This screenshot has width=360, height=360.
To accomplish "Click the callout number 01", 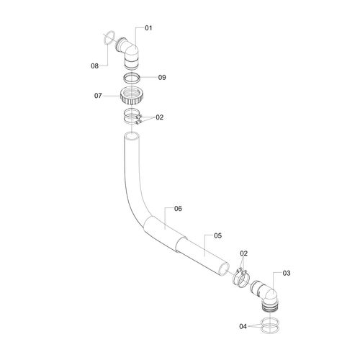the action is tap(148, 28).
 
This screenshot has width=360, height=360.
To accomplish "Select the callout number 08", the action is tap(94, 66).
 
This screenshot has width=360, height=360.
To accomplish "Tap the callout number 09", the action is tap(162, 78).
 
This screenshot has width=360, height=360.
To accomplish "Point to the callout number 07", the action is tap(98, 96).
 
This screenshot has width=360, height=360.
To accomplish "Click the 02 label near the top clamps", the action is tap(160, 117).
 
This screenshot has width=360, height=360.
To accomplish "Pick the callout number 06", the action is tap(178, 209).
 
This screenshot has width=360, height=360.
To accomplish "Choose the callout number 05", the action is tap(217, 235).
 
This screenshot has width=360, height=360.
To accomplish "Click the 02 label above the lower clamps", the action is tap(243, 253).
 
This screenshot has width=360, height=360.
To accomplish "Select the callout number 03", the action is tap(287, 273).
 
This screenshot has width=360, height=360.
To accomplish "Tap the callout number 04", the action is tap(243, 326).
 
